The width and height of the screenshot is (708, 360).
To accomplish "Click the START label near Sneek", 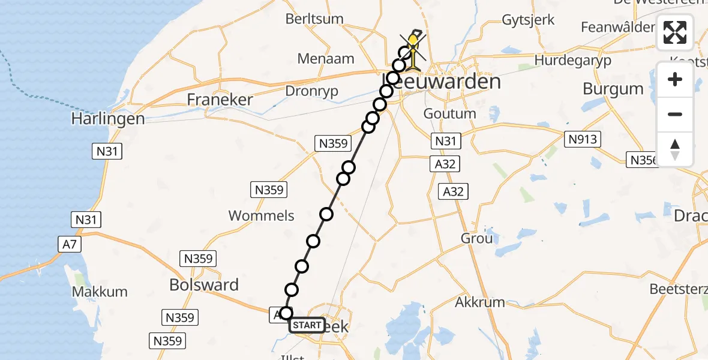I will pos(307,325).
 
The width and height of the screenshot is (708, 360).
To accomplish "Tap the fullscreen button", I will pos(675,32).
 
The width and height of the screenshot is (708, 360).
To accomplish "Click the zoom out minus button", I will pos(675,114).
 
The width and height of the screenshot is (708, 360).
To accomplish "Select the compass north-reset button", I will pos(675,149).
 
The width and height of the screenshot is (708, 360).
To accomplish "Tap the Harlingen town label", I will pos(108,119).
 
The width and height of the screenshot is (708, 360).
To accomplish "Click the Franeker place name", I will pos(220,99).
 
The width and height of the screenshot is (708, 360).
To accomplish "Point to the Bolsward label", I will pos(204,285).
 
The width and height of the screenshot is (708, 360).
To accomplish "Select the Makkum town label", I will pos(100,292).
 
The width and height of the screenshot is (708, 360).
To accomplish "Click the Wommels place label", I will pos(262,215).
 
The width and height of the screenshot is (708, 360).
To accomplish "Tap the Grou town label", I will pos(477,238).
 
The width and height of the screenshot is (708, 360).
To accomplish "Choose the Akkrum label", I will pos(480,302).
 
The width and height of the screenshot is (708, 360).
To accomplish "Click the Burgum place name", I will pos(613,89).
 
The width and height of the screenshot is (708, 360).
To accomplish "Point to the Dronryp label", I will pos(313,91).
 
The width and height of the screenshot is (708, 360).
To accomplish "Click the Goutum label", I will pos(450,113).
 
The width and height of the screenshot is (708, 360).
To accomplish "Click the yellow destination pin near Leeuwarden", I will pos(413,43).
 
